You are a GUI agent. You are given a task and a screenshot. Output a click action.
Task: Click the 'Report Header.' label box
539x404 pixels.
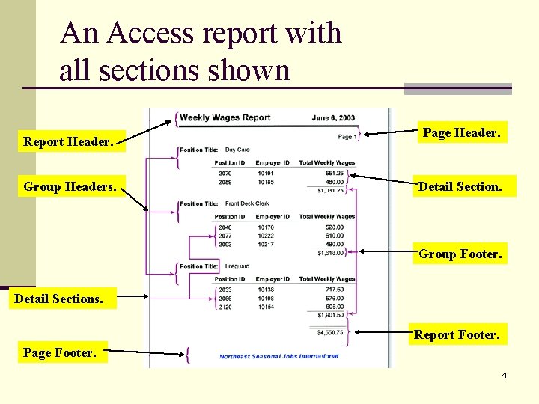tap(69, 141)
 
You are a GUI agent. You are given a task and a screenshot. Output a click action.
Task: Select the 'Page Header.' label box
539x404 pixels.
tap(461, 132)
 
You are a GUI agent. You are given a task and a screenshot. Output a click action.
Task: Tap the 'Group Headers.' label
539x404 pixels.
tap(70, 186)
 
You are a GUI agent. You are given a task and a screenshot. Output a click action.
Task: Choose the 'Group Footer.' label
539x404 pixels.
tap(460, 254)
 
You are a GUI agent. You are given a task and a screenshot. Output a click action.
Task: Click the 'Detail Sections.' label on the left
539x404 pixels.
tap(59, 299)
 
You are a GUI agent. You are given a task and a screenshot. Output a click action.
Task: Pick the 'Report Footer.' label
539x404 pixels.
tap(457, 334)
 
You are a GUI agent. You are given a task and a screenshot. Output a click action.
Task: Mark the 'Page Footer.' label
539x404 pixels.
tap(60, 352)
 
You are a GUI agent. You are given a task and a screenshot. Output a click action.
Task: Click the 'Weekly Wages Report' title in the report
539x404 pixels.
tap(225, 117)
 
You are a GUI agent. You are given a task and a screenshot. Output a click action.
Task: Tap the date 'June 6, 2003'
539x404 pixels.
tap(333, 118)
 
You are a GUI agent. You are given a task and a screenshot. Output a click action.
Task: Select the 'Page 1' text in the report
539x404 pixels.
tap(345, 137)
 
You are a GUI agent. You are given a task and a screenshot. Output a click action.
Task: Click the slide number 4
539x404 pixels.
tap(505, 375)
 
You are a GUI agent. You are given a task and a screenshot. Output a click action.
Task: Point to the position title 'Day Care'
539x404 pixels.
tap(237, 150)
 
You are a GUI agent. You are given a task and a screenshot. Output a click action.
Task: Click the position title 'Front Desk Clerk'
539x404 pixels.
tap(247, 203)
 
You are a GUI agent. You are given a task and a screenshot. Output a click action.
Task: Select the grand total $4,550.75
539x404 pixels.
tap(329, 332)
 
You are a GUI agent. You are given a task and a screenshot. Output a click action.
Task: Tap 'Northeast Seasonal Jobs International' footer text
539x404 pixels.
tap(278, 357)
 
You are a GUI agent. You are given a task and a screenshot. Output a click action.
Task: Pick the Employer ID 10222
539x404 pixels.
tap(266, 235)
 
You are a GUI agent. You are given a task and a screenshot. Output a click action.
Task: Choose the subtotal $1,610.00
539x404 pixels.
tap(330, 253)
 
